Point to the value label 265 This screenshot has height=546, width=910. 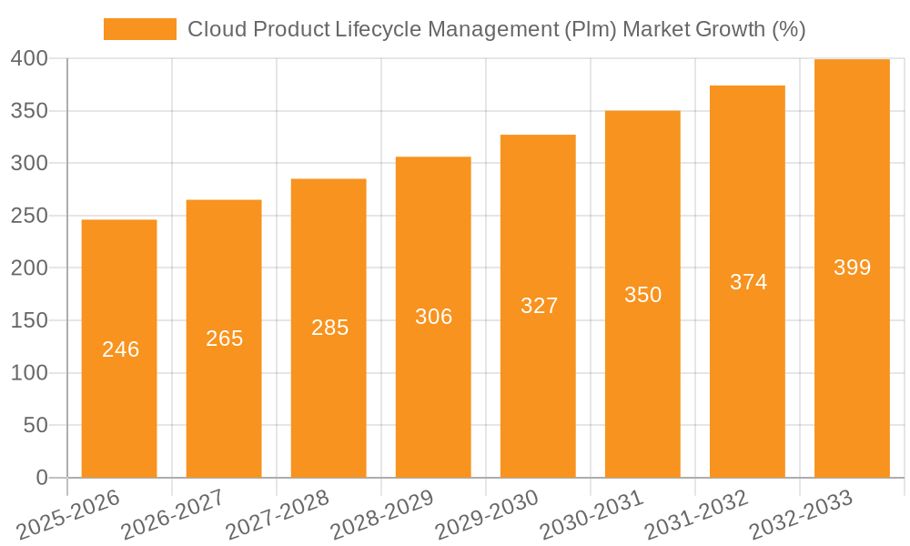click(x=225, y=339)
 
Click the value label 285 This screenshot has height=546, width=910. click(x=329, y=328)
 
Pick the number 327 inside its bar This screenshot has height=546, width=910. click(x=539, y=306)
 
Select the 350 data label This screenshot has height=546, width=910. click(x=642, y=295)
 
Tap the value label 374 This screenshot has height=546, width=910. click(x=748, y=282)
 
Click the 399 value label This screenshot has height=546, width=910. click(x=853, y=268)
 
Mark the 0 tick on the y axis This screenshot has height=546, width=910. click(x=41, y=478)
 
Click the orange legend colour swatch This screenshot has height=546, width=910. click(x=139, y=29)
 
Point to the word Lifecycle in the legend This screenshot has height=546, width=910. click(x=372, y=29)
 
